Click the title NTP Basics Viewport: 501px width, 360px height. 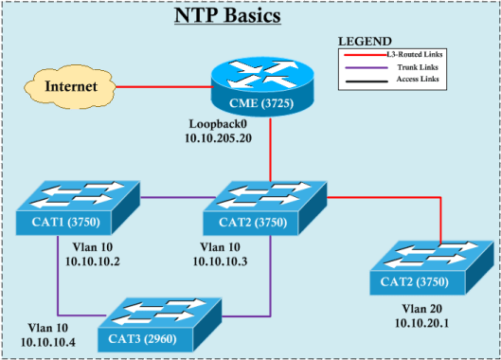tap(250, 17)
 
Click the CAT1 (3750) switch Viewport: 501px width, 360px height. tap(78, 207)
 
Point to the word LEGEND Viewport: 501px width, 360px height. tap(365, 42)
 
